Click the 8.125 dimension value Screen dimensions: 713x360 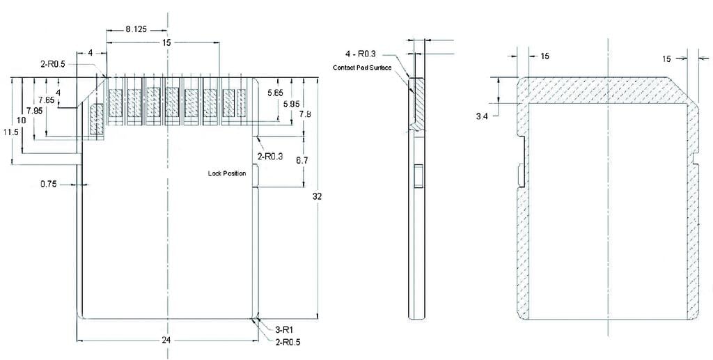pos(136,29)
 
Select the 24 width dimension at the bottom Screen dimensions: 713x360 pos(169,341)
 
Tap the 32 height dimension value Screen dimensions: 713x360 pos(318,196)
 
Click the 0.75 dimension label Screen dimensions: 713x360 pos(49,185)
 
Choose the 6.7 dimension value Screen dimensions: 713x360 pos(302,160)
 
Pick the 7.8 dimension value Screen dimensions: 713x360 pos(305,114)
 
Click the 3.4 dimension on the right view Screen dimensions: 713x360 pos(482,116)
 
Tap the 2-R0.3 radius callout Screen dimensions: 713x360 pos(270,157)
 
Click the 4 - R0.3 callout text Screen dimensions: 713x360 pos(361,54)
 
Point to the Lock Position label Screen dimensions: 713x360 pos(227,173)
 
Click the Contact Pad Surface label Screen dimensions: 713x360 pos(362,68)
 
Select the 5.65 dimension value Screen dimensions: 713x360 pos(276,93)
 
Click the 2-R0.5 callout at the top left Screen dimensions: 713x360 pos(53,64)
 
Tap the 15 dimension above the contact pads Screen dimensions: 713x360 pos(166,42)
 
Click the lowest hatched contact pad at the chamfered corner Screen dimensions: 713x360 pos(97,119)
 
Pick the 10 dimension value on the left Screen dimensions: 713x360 pos(22,120)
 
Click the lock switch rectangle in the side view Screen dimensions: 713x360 pos(418,176)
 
